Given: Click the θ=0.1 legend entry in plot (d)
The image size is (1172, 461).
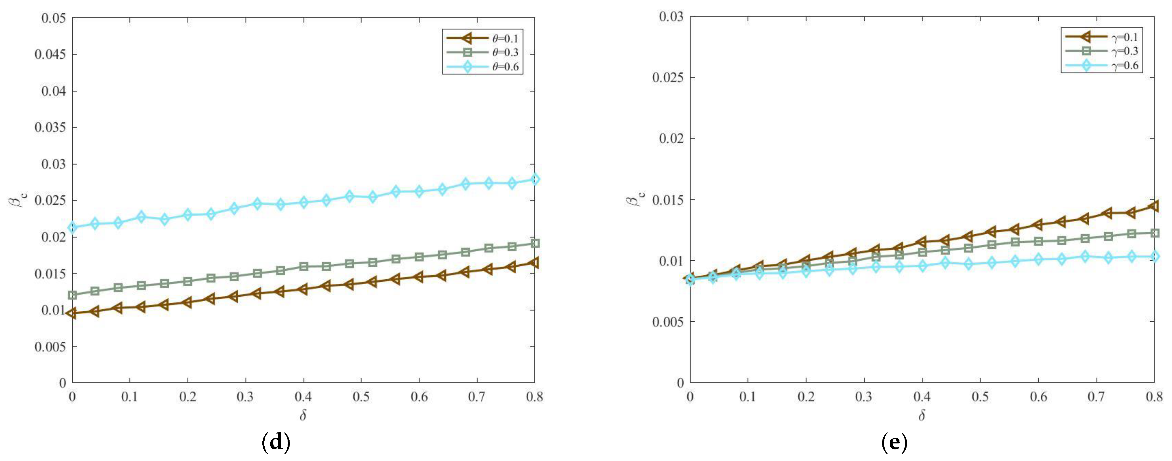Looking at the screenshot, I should tap(482, 39).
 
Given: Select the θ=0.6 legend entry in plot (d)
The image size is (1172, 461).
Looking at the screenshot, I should tap(482, 67).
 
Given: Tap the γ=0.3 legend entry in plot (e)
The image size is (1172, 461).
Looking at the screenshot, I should tap(1101, 51).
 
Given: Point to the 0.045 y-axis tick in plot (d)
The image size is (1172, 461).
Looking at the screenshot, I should tap(50, 55).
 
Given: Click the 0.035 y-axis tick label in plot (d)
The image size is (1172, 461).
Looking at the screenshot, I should tap(50, 127).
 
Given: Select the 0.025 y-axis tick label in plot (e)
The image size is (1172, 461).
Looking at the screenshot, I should tap(668, 78).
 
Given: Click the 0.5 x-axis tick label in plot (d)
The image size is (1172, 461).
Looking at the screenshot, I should tap(361, 397).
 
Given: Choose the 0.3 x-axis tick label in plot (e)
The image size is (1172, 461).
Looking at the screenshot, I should tap(863, 397).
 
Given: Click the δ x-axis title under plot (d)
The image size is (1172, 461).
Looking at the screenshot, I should tap(303, 415).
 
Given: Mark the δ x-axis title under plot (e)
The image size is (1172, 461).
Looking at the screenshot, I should tap(922, 415).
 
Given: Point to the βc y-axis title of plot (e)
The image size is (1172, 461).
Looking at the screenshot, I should tap(633, 199).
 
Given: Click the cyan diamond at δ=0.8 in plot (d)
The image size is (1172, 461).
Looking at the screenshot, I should tap(535, 180).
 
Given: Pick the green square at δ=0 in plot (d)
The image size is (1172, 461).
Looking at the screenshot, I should tap(72, 295).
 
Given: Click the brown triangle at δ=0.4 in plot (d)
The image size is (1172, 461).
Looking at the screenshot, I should tap(303, 289).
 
